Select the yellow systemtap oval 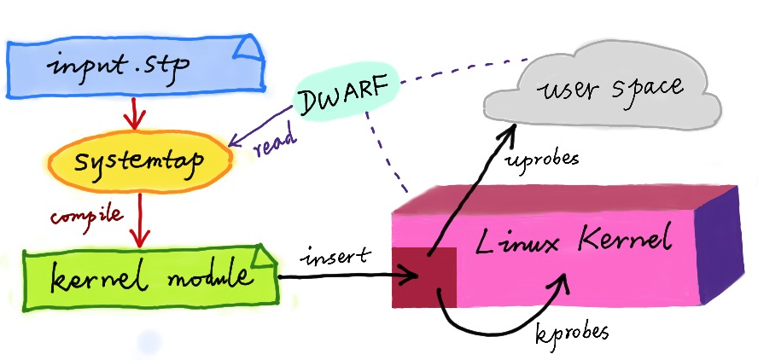(137, 161)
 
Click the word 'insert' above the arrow (335, 254)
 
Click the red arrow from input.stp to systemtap (131, 113)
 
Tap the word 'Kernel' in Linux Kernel (622, 241)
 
